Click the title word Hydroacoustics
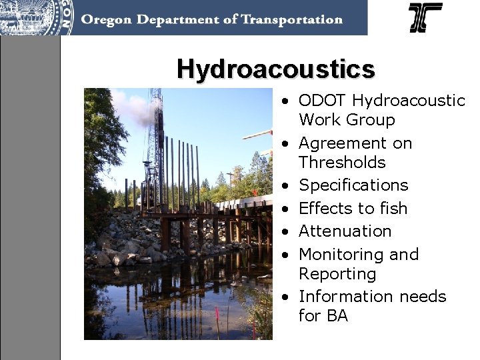click(275, 69)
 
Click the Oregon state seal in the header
click(37, 17)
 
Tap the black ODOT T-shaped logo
click(425, 17)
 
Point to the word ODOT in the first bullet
click(323, 101)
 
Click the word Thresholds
click(342, 163)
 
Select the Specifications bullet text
click(353, 185)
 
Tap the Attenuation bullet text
click(345, 231)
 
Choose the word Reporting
click(337, 274)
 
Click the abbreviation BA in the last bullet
click(337, 316)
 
